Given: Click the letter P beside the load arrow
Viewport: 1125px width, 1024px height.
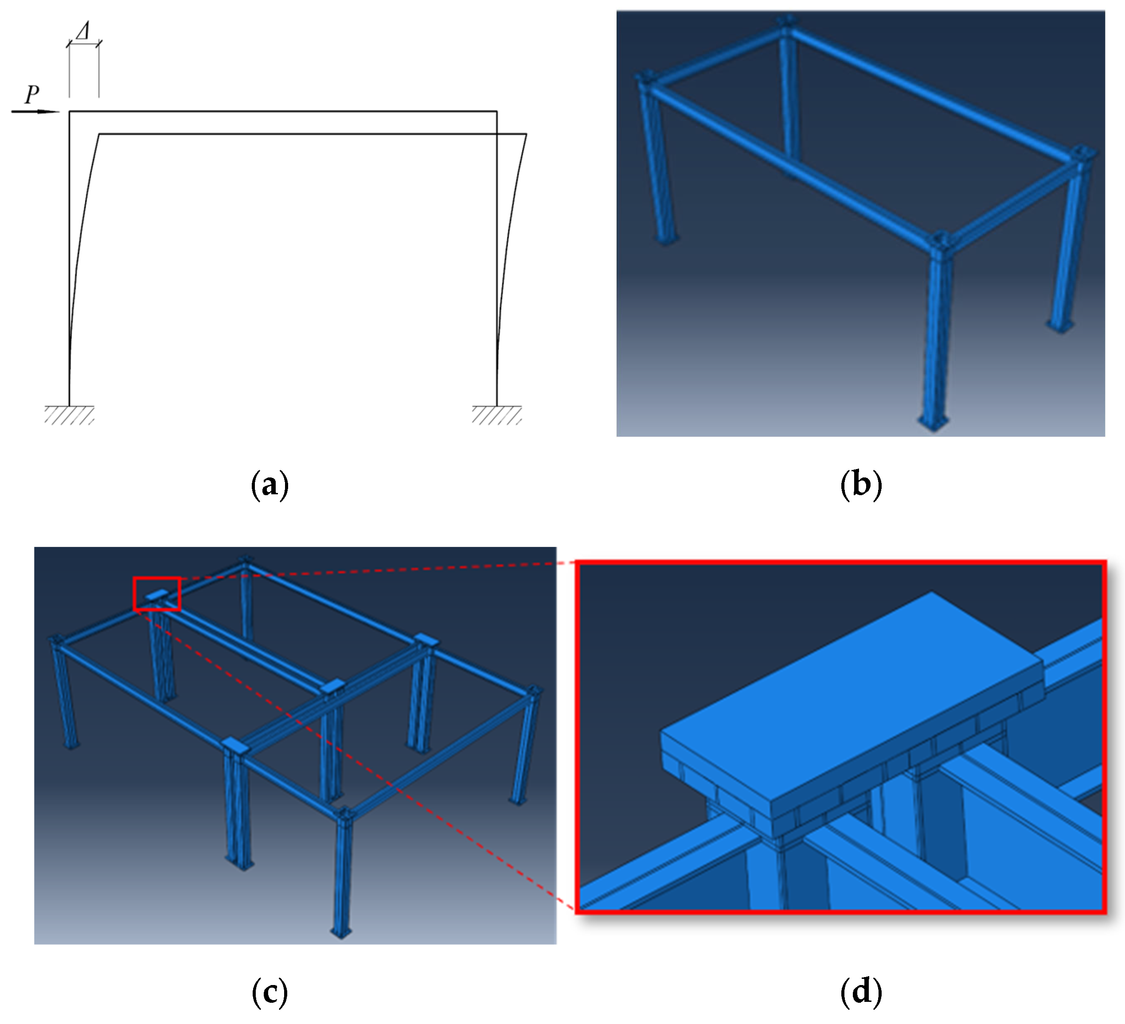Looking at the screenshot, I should pos(32,94).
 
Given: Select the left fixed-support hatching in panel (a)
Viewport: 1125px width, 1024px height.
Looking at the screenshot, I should pos(69,415).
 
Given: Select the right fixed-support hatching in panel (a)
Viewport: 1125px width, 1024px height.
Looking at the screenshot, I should pos(496,415).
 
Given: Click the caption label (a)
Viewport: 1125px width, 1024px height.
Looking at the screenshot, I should pos(270,484).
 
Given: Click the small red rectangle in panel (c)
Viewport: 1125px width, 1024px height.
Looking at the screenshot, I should pos(157,593).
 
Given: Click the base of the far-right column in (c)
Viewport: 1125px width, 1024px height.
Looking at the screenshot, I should pos(517,800).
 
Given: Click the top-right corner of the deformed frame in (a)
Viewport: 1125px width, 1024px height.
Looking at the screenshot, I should pos(526,134).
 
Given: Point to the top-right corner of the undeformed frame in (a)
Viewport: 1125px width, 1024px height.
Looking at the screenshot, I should pos(496,112).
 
